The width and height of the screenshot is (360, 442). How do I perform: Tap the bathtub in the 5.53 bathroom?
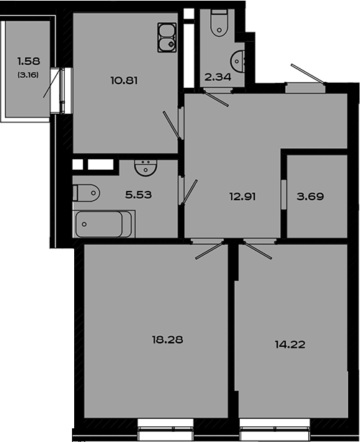(104, 224)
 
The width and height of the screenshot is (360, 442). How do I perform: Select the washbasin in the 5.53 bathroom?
(145, 168)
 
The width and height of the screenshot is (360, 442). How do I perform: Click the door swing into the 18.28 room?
(209, 250)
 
